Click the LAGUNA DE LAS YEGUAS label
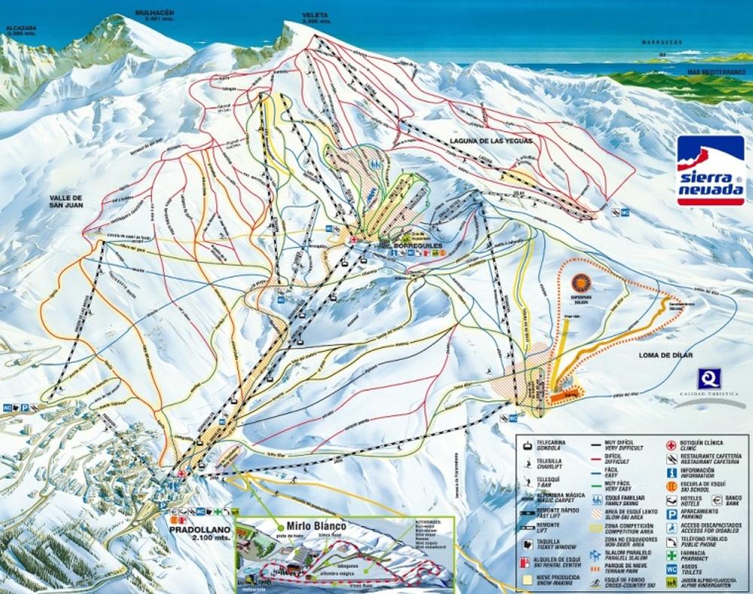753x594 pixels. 490,139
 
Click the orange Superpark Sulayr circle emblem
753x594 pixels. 581,283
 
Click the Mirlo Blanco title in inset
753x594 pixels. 309,525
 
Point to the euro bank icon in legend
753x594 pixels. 719,498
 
